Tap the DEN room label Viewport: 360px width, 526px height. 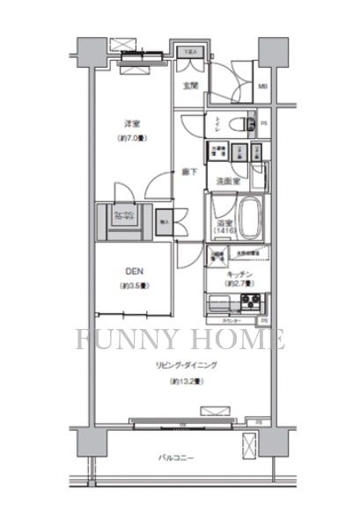(x=135, y=272)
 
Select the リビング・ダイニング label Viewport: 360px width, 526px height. (x=187, y=364)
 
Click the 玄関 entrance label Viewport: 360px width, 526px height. (x=189, y=85)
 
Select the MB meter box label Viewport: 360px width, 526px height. (x=262, y=85)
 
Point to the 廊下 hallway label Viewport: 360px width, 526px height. (x=189, y=172)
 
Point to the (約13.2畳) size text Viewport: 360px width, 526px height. (x=187, y=381)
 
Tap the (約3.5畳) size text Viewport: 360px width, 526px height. (x=135, y=287)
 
